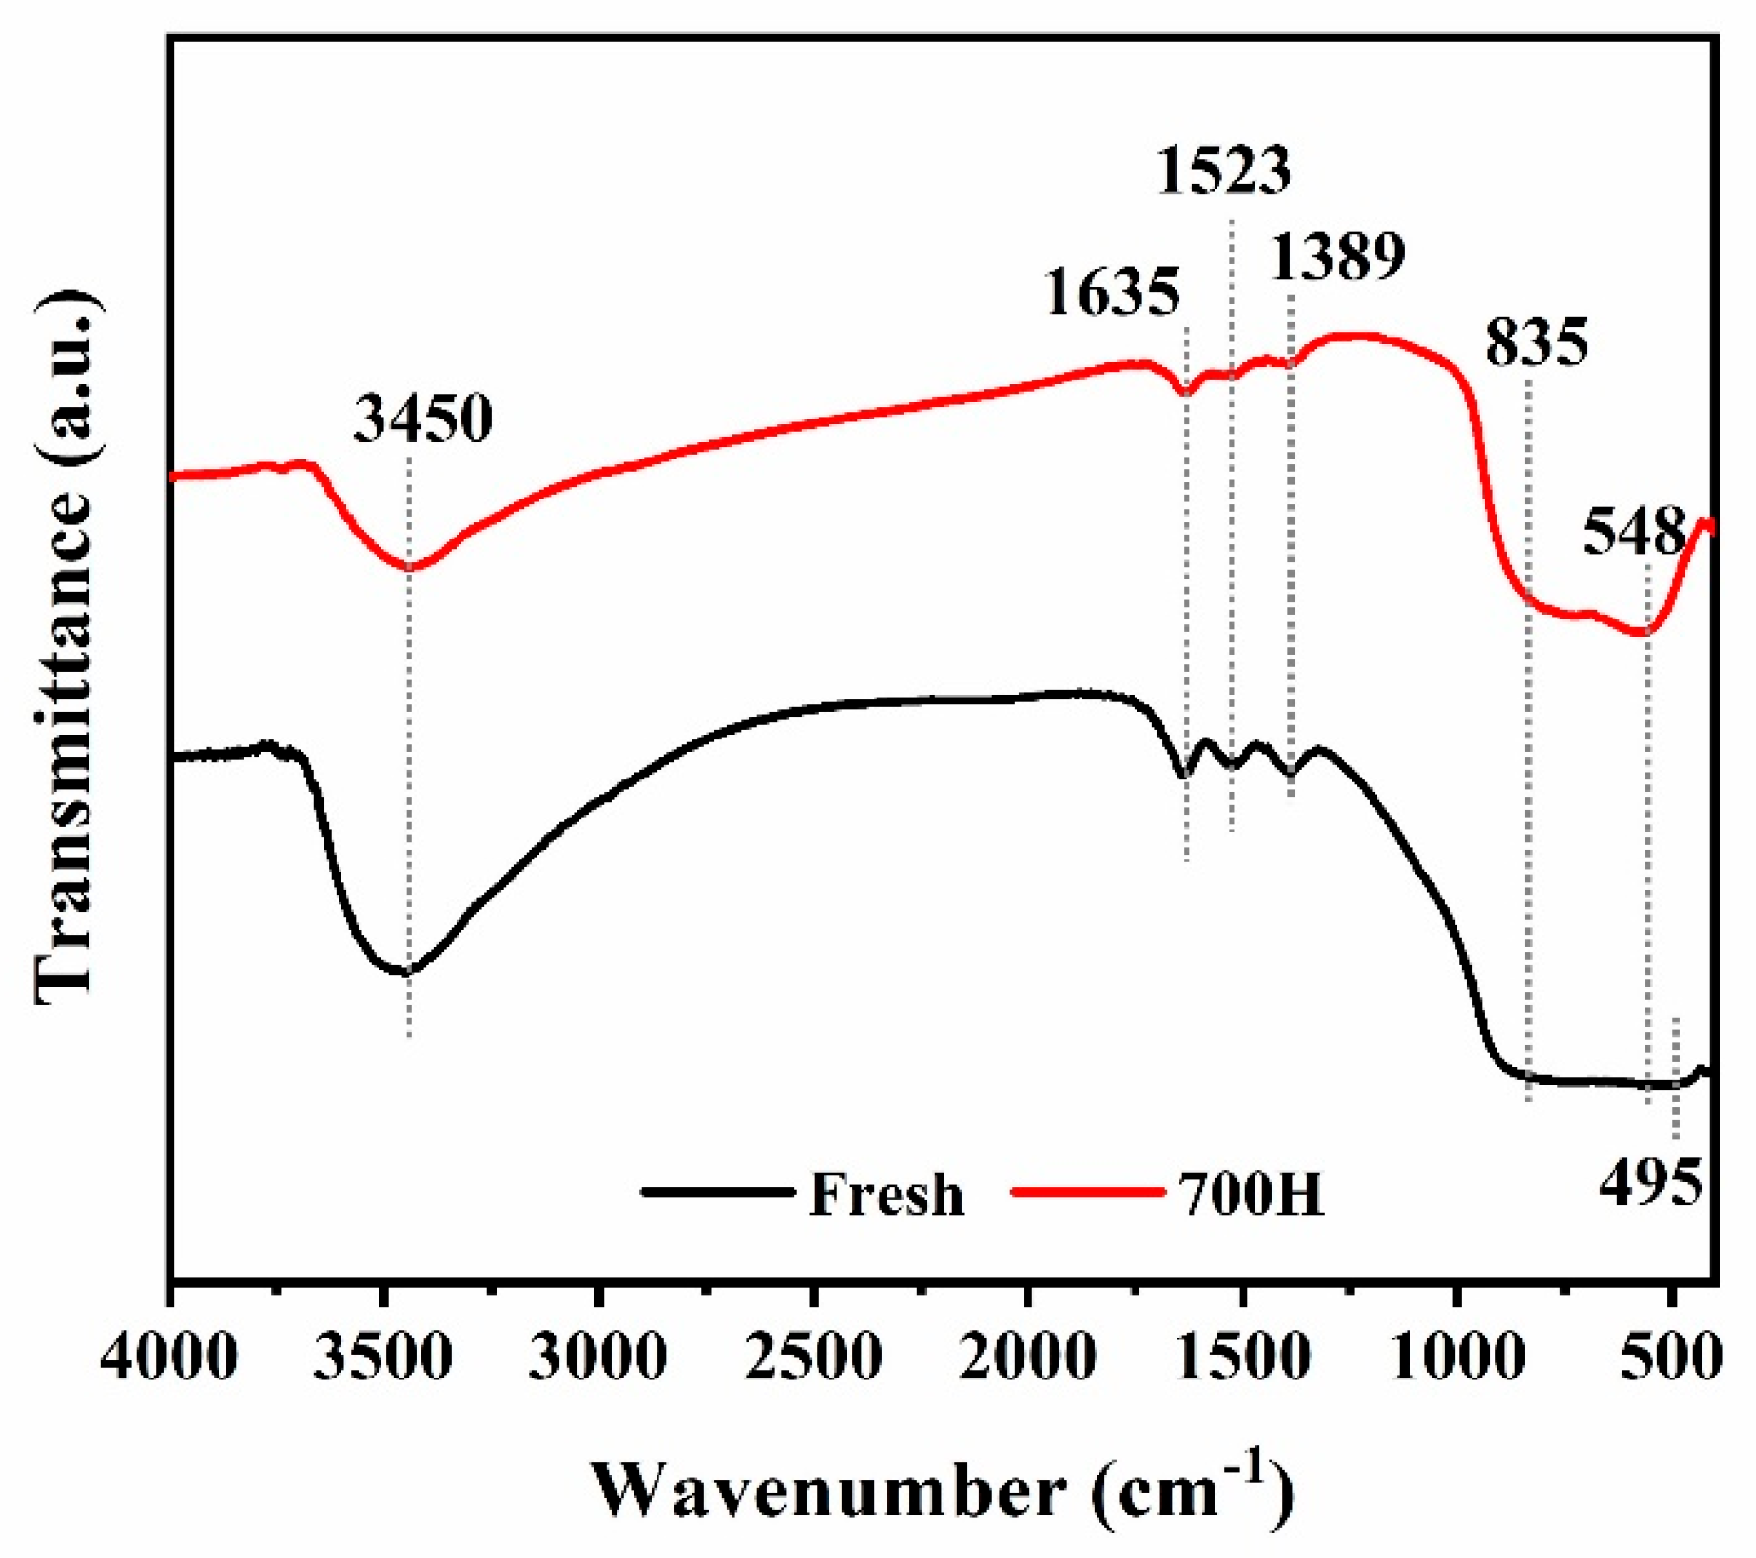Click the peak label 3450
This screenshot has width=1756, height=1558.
coord(422,419)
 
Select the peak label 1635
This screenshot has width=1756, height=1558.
coord(1112,292)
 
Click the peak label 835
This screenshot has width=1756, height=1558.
coord(1537,342)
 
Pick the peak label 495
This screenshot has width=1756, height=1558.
coord(1652,1182)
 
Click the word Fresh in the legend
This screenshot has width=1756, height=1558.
coord(886,1194)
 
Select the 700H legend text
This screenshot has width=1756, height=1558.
coord(1253,1194)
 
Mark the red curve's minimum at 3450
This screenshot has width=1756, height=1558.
coord(409,567)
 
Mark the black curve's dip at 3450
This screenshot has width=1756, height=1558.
coord(407,972)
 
